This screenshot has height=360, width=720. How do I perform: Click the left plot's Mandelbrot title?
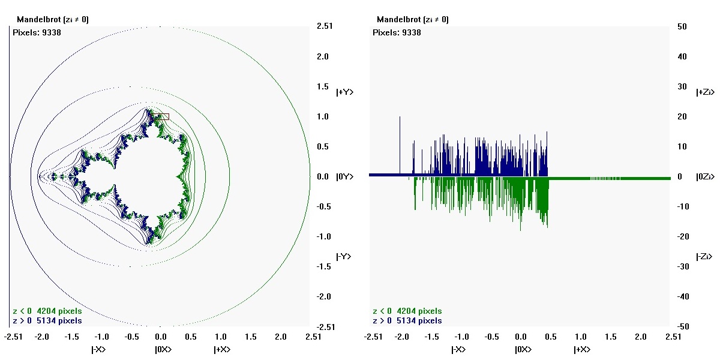point(53,20)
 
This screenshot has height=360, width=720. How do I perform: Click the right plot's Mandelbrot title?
point(413,20)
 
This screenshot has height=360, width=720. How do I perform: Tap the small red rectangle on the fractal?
point(160,116)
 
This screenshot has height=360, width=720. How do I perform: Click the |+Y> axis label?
point(345,92)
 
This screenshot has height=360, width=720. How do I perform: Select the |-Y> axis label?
point(344,257)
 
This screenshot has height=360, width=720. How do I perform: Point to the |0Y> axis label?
point(344,177)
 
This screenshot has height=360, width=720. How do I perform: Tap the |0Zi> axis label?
point(706,177)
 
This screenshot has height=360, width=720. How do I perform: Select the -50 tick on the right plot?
point(681,327)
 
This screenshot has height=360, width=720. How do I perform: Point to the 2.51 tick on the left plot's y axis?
point(324,26)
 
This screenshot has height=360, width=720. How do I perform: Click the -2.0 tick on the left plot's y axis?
point(323,297)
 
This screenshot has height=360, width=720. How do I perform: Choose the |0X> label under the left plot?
point(163,349)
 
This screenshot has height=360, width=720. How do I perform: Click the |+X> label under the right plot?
point(582,349)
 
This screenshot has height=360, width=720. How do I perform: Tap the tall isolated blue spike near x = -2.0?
point(400,144)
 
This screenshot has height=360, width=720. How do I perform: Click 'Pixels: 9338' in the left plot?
point(37,32)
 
